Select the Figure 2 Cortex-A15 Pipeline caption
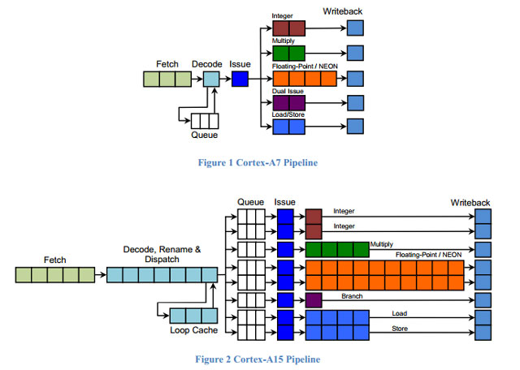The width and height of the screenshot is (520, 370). click(x=258, y=358)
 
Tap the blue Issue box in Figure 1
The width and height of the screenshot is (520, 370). click(x=240, y=79)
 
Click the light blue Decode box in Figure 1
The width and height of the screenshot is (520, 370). click(x=211, y=79)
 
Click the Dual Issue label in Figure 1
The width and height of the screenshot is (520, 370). click(x=287, y=92)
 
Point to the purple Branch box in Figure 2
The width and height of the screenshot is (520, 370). click(x=314, y=300)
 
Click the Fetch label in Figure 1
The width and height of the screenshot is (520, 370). click(x=167, y=62)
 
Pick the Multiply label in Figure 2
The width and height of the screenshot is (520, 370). click(x=382, y=243)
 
